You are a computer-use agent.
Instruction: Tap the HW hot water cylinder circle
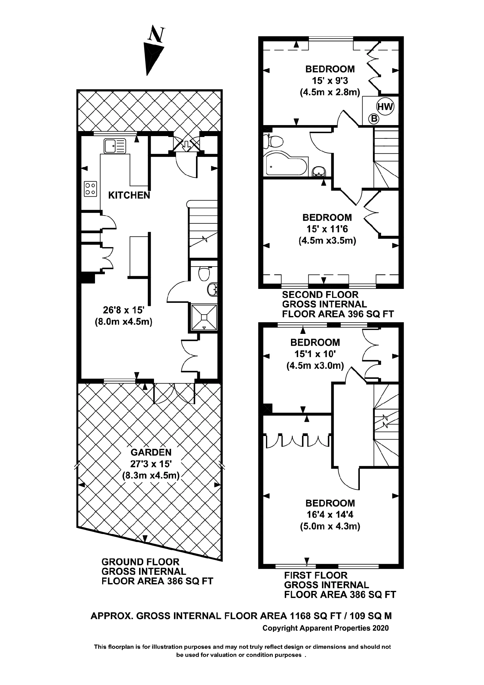pyautogui.click(x=385, y=107)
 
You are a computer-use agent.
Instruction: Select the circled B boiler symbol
pyautogui.click(x=373, y=119)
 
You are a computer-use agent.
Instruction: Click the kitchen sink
pyautogui.click(x=115, y=146)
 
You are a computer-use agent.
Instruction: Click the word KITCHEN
pyautogui.click(x=129, y=195)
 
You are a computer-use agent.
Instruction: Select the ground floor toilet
pyautogui.click(x=204, y=273)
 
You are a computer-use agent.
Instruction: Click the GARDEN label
pyautogui.click(x=151, y=452)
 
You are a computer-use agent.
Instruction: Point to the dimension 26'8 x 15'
pyautogui.click(x=124, y=310)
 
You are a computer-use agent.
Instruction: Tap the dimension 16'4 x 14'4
pyautogui.click(x=330, y=514)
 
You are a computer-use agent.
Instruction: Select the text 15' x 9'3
pyautogui.click(x=330, y=80)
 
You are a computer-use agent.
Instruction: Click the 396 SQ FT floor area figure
pyautogui.click(x=369, y=314)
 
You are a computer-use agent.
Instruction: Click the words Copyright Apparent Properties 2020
pyautogui.click(x=326, y=628)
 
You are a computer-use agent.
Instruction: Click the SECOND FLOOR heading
pyautogui.click(x=320, y=295)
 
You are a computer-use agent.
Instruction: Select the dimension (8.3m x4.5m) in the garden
pyautogui.click(x=151, y=476)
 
